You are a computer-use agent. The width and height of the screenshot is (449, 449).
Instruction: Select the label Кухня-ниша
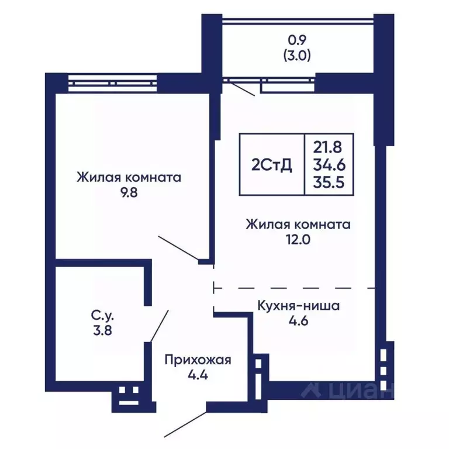[298, 305]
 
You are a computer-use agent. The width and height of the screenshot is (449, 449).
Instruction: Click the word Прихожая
[198, 360]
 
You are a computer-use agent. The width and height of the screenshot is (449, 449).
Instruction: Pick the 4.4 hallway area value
[198, 375]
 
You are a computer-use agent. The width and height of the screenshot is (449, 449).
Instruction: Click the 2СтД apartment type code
[272, 165]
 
